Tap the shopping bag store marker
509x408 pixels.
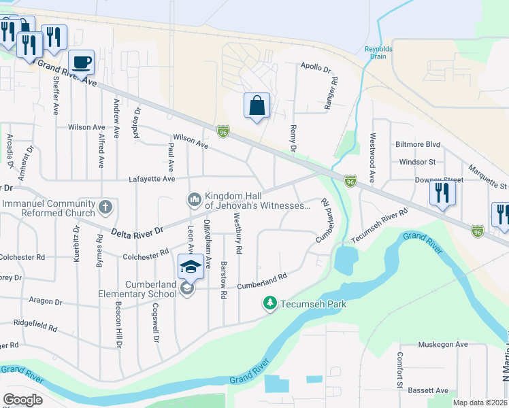257,106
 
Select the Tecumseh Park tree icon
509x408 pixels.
270,303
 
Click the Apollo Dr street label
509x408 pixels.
316,69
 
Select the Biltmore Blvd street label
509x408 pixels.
418,145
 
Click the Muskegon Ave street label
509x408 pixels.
443,345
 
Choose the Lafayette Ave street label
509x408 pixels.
152,179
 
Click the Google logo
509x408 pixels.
23,400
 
